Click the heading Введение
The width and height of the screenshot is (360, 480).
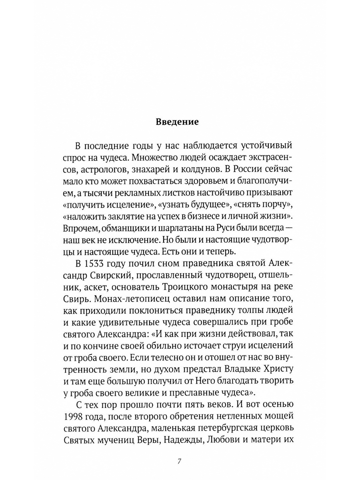pyautogui.click(x=177, y=122)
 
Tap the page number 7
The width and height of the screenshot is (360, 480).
pyautogui.click(x=180, y=461)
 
